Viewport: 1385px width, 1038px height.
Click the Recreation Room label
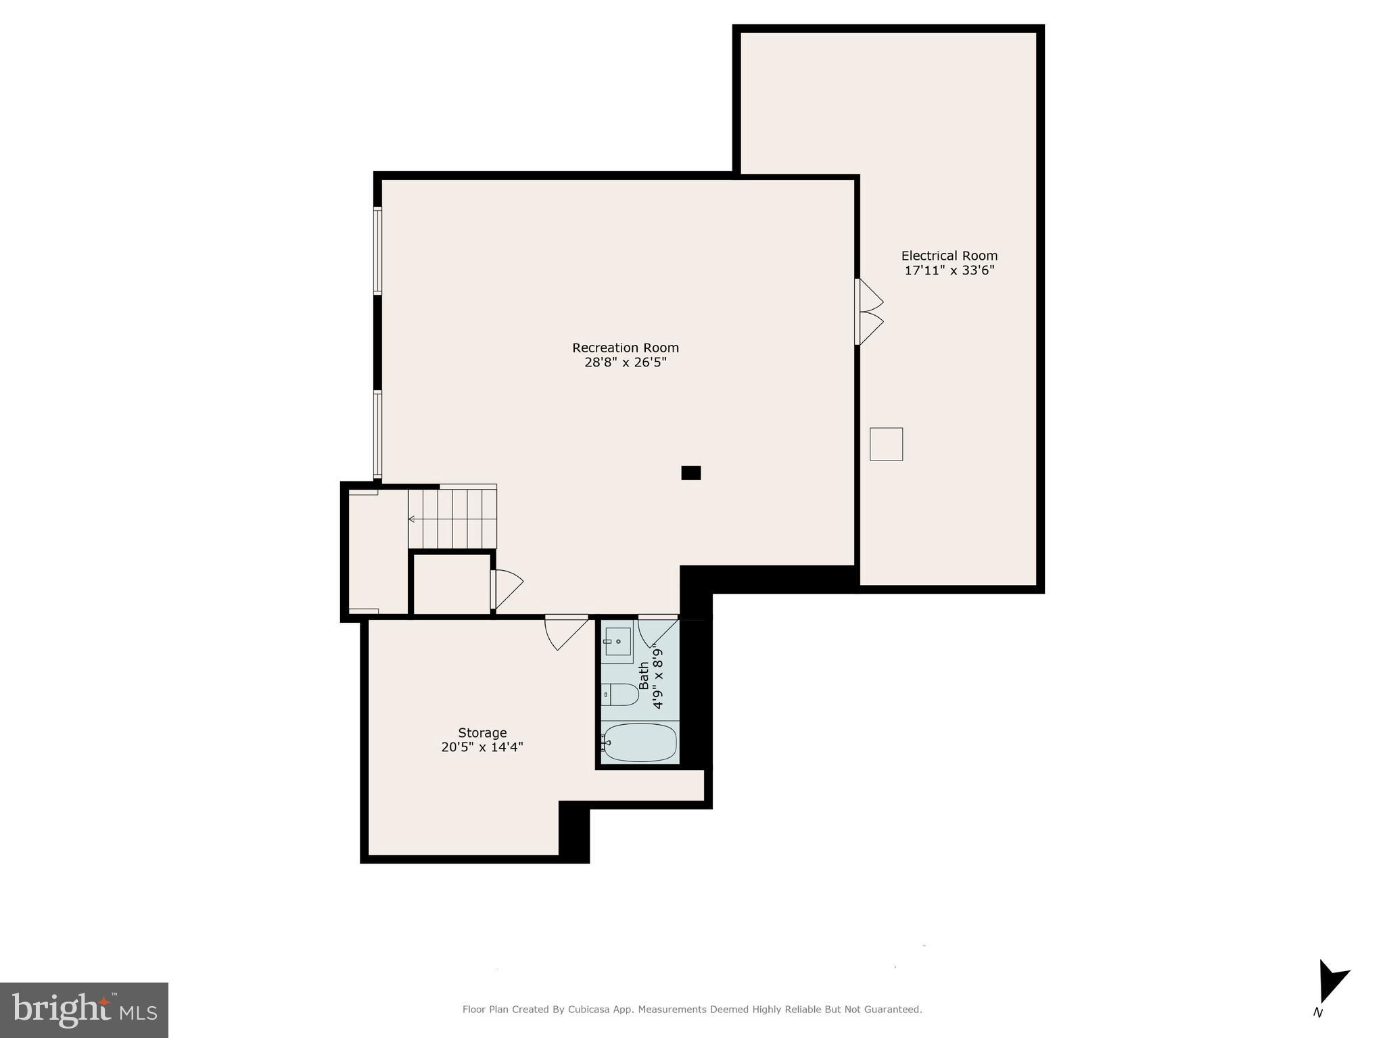[625, 348]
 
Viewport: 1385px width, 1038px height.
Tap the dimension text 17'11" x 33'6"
[949, 270]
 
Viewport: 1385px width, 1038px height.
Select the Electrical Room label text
[949, 256]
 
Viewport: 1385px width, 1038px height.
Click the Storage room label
[482, 732]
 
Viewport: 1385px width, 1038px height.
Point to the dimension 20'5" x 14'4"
[482, 747]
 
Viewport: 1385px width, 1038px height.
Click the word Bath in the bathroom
[644, 676]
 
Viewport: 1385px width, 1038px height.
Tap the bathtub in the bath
[639, 742]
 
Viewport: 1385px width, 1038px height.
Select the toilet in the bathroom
[619, 694]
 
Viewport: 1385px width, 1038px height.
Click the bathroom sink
[617, 640]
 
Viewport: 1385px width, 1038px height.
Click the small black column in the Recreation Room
[690, 473]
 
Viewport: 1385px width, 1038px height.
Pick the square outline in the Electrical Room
[886, 444]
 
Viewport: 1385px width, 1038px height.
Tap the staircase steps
[452, 519]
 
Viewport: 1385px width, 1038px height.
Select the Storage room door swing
[565, 632]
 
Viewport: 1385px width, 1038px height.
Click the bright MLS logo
[84, 1010]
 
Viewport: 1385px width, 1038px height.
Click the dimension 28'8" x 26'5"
[625, 362]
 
